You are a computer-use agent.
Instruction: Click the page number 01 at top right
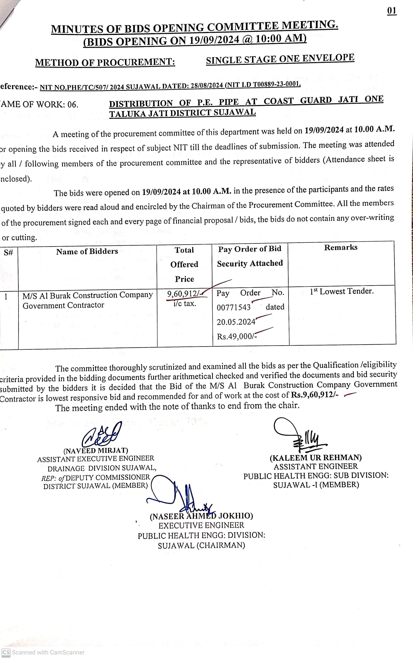click(x=392, y=11)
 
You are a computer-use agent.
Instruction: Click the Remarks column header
click(x=341, y=247)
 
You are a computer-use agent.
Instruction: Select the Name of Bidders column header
click(x=87, y=251)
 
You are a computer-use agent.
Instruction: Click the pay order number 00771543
click(x=234, y=307)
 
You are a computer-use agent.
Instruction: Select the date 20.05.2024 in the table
click(x=236, y=322)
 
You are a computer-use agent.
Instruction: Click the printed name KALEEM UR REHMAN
click(x=316, y=458)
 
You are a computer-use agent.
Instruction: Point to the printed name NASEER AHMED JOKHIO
click(x=201, y=516)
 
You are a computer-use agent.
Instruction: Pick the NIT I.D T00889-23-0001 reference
click(x=264, y=84)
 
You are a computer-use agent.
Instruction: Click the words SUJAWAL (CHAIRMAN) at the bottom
click(x=201, y=545)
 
